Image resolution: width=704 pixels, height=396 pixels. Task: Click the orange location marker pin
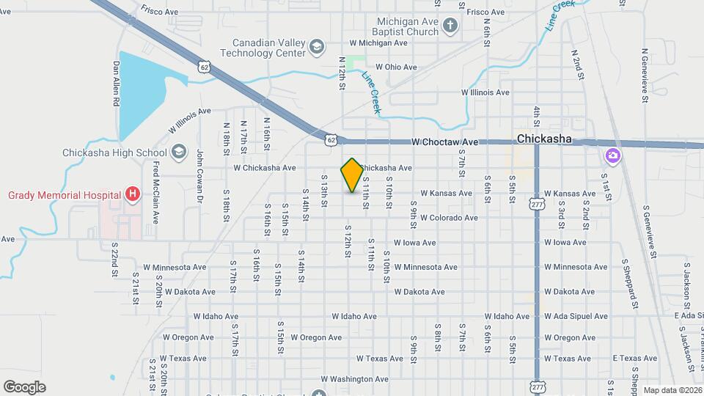tap(352, 175)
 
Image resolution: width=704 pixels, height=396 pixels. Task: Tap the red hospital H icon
tap(132, 194)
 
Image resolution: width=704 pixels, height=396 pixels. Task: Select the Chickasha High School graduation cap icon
tap(178, 153)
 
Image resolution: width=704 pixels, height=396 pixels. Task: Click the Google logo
tap(24, 387)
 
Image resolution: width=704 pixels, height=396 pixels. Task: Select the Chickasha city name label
tap(543, 139)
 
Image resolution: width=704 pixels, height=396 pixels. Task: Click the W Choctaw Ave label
tap(444, 142)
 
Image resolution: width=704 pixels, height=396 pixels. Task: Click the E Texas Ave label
tap(635, 359)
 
